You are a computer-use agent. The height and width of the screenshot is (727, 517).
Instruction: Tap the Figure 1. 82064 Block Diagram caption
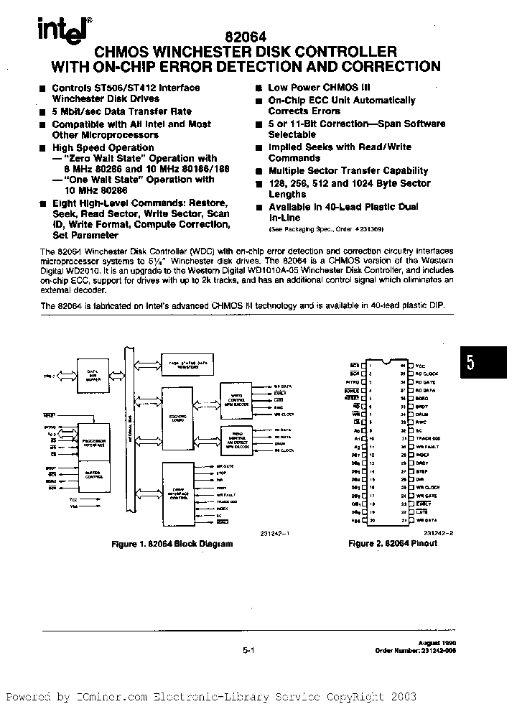pyautogui.click(x=172, y=544)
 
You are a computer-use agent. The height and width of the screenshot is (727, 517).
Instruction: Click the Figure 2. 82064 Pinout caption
pyautogui.click(x=392, y=543)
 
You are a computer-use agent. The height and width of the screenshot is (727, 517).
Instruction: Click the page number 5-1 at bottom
pyautogui.click(x=249, y=649)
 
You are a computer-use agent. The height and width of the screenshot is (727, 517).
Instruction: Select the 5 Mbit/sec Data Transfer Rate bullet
pyautogui.click(x=121, y=111)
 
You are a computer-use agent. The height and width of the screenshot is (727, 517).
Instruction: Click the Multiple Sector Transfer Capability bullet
pyautogui.click(x=348, y=171)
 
